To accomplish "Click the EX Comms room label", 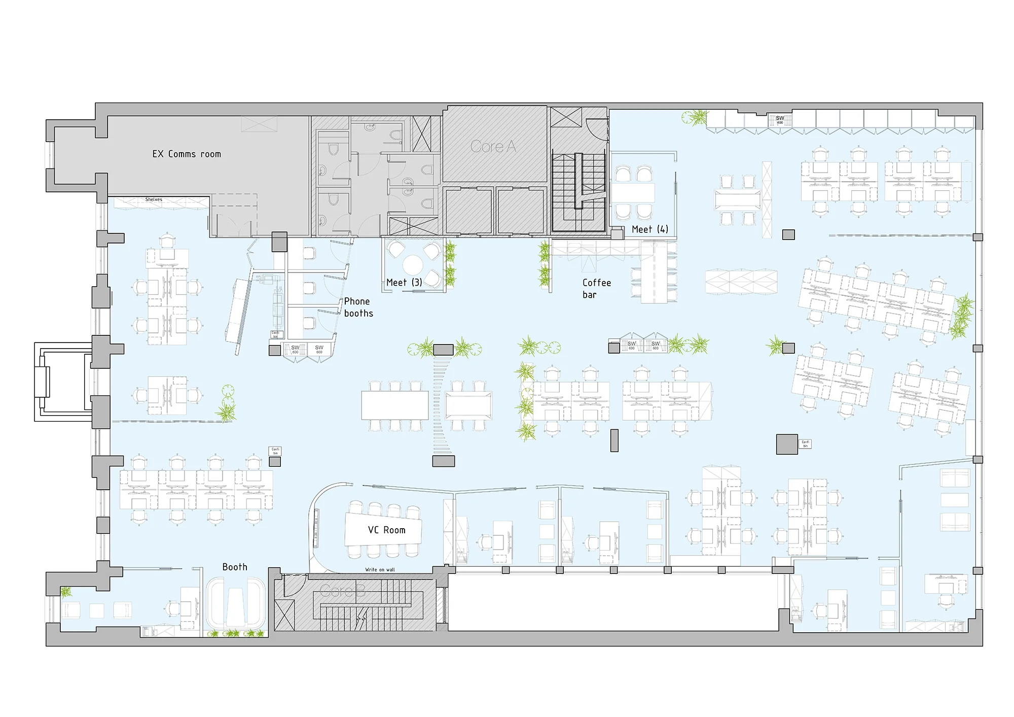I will pyautogui.click(x=187, y=154).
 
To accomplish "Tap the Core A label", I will pyautogui.click(x=493, y=147).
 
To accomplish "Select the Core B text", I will pyautogui.click(x=343, y=591).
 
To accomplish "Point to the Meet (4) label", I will pyautogui.click(x=650, y=229).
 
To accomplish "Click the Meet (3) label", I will pyautogui.click(x=404, y=283).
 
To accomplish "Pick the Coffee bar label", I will pyautogui.click(x=596, y=288).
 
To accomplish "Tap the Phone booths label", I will pyautogui.click(x=358, y=308).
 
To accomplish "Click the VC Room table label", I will pyautogui.click(x=386, y=530).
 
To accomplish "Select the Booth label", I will pyautogui.click(x=235, y=567).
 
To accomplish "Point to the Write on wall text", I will pyautogui.click(x=380, y=569).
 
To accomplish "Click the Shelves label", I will pyautogui.click(x=154, y=199).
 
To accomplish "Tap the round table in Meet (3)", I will pyautogui.click(x=413, y=264).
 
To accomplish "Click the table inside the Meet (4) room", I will pyautogui.click(x=633, y=193).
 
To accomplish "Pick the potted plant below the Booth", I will pyautogui.click(x=231, y=633).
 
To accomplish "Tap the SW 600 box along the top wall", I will pyautogui.click(x=780, y=120).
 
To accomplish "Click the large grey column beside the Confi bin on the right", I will pyautogui.click(x=787, y=444).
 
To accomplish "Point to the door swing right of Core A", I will pyautogui.click(x=596, y=129).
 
